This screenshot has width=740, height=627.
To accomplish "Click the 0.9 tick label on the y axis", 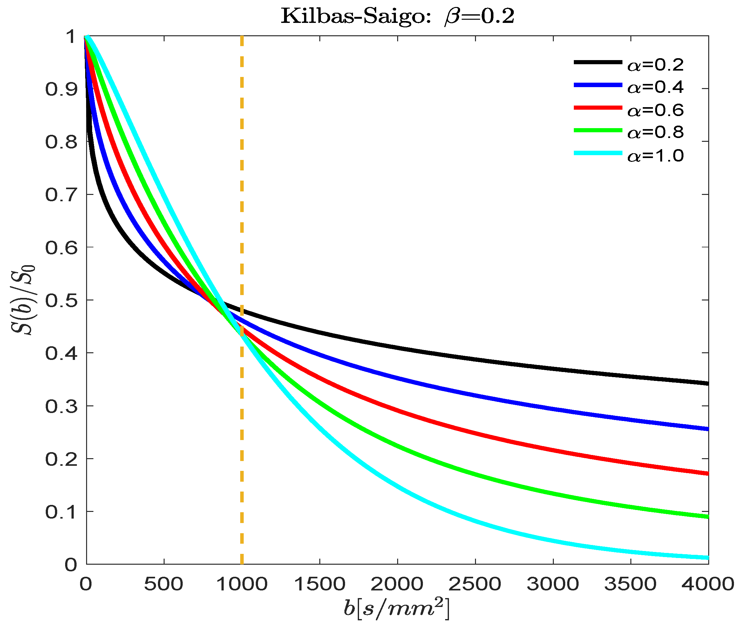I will pos(61,89).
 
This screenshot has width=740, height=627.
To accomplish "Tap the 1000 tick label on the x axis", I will pos(241,584).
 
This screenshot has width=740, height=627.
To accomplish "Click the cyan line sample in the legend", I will pos(598,153).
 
